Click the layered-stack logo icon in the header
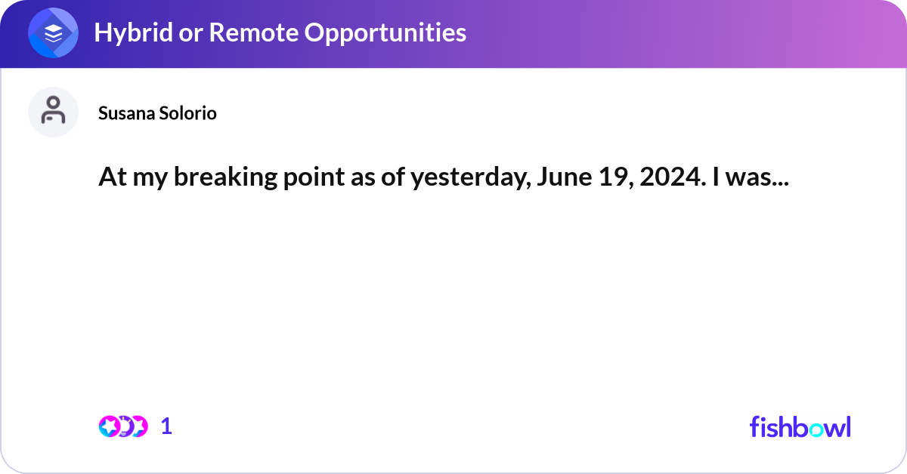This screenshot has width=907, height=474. point(54,34)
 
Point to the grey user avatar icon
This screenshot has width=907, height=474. point(54,112)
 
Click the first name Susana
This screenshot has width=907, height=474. point(125,113)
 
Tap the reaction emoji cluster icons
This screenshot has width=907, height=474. point(122,426)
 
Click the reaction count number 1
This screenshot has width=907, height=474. point(166,426)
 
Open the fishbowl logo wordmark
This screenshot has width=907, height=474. point(800,426)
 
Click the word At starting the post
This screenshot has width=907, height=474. point(110,178)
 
